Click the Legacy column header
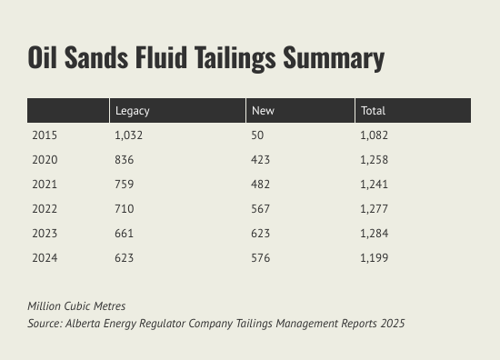[133, 111]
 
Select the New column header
[263, 111]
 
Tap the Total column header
[373, 111]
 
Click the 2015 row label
[45, 135]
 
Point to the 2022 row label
[45, 209]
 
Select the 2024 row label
[45, 258]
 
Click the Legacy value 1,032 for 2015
[128, 135]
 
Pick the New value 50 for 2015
[257, 135]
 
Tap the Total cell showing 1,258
[374, 160]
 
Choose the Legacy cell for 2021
[124, 185]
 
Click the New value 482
[260, 185]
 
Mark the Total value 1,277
[374, 209]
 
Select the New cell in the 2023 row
[260, 234]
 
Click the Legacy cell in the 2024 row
[124, 258]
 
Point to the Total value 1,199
[374, 258]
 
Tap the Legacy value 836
[124, 160]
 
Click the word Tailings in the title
[235, 58]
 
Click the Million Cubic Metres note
[76, 306]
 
